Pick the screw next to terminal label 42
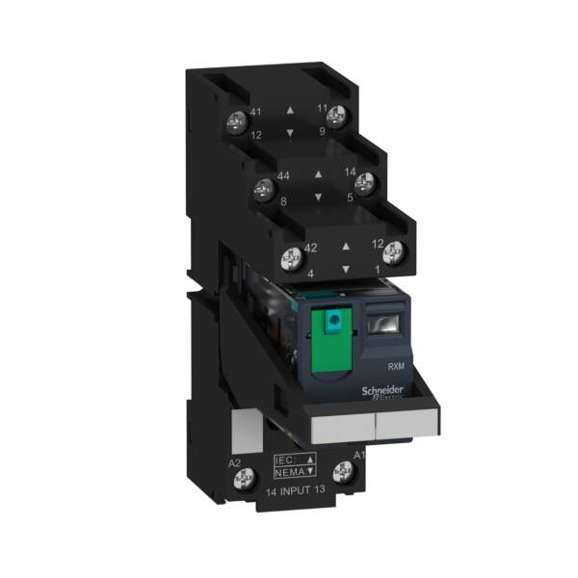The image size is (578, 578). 288,256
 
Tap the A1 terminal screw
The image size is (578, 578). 341,471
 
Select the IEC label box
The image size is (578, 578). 294,460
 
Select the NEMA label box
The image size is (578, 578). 294,474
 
